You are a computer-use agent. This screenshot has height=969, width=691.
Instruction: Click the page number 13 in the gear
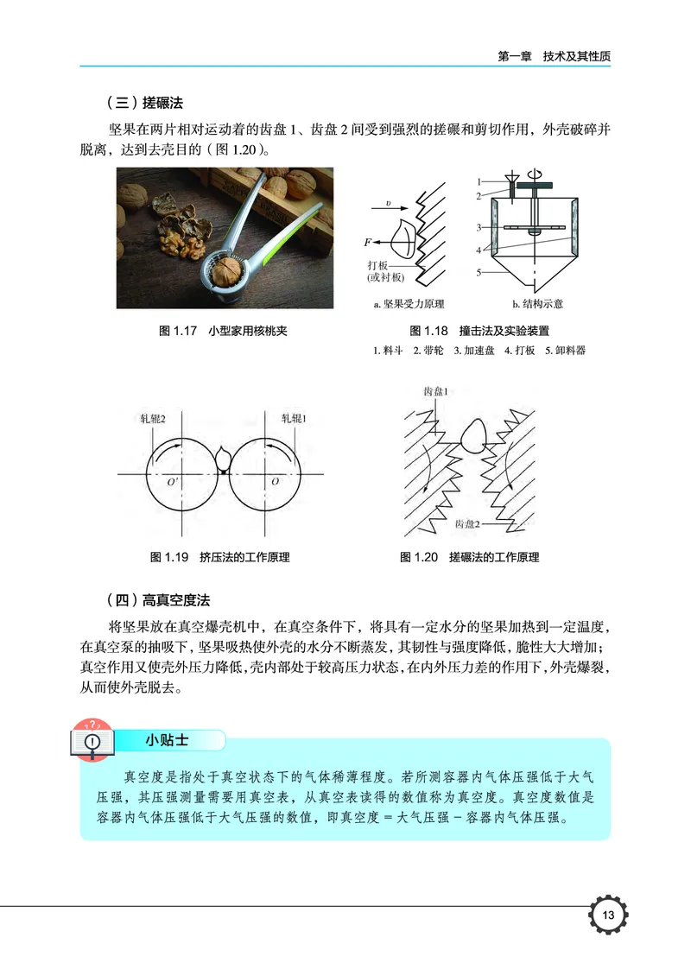[x=608, y=915]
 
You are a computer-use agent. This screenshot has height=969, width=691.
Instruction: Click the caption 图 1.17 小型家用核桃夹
[x=212, y=331]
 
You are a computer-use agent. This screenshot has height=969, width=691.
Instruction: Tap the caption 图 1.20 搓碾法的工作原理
[x=469, y=557]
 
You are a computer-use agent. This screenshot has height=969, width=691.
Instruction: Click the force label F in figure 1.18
[x=368, y=242]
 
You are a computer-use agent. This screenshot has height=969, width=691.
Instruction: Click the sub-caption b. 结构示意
[x=537, y=304]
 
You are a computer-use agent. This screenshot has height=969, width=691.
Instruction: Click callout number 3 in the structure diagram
[x=478, y=228]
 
